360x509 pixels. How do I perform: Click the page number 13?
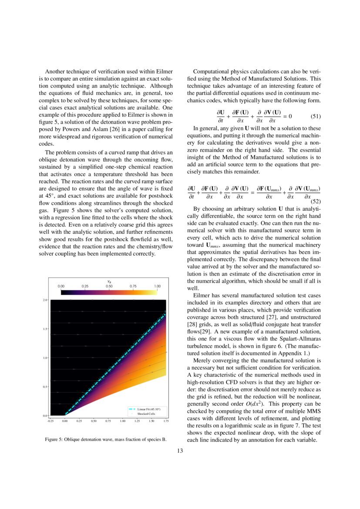(180, 451)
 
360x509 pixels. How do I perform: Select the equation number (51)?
(315, 117)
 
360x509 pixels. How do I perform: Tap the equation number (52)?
(315, 202)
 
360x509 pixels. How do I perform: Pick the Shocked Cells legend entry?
(146, 414)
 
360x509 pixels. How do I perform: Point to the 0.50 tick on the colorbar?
(109, 286)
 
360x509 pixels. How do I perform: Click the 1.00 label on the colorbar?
(158, 286)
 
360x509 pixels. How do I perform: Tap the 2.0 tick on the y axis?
(45, 300)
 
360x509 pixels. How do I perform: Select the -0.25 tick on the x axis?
(50, 421)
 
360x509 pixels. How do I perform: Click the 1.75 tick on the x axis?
(166, 421)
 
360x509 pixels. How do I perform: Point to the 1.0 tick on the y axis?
(45, 358)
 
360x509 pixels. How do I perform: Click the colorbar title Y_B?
(109, 281)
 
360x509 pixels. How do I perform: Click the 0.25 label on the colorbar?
(85, 286)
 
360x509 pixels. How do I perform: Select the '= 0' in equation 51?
(287, 116)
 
